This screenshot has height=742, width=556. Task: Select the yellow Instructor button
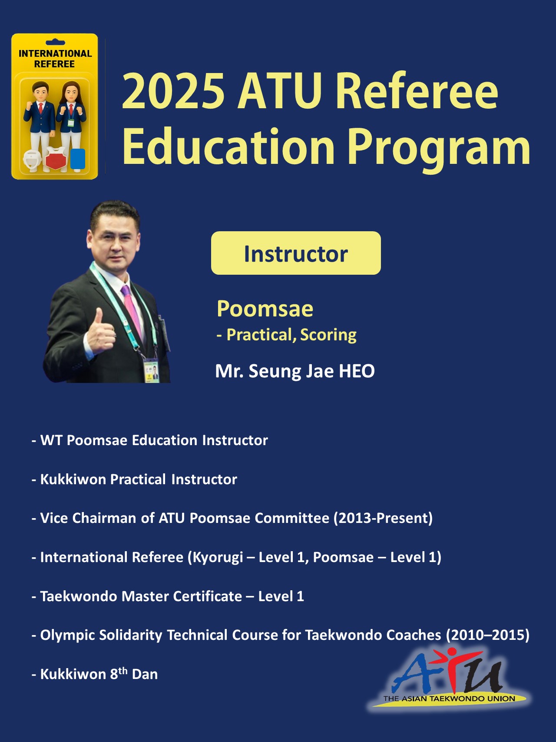point(296,253)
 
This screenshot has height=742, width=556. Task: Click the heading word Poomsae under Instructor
point(265,309)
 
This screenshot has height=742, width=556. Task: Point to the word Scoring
point(328,335)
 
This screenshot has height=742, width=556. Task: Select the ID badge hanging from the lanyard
point(152,369)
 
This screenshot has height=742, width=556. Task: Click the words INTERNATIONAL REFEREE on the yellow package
point(55,59)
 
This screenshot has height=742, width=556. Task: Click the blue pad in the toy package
point(78,159)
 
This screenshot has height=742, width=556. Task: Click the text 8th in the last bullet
point(119,673)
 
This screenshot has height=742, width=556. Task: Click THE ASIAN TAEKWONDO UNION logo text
point(449,699)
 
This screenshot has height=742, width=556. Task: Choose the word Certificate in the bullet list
point(208,596)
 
